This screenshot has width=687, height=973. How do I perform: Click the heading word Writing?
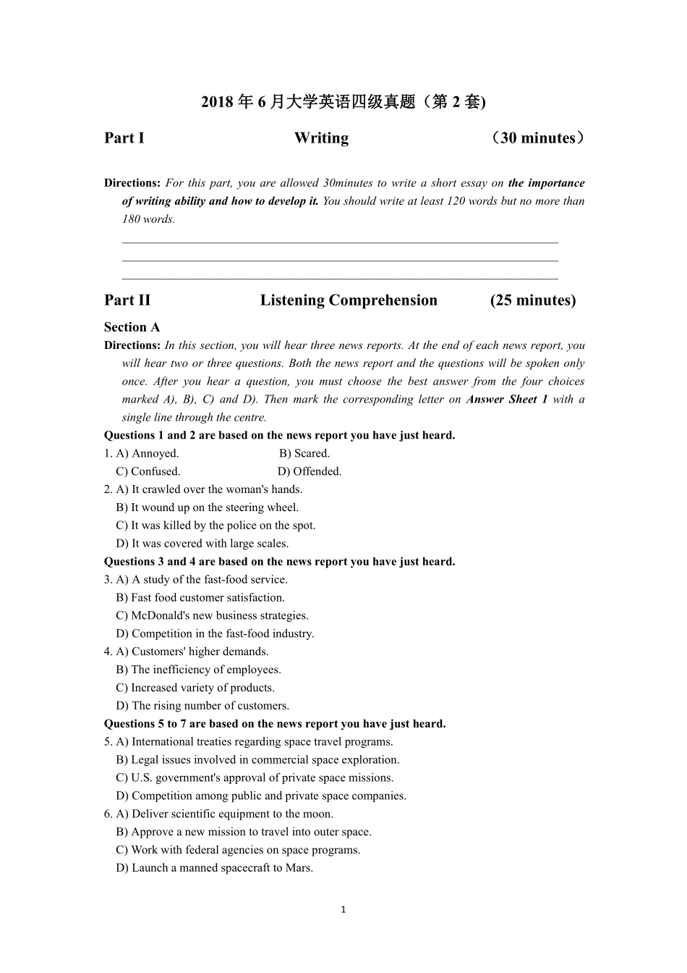click(x=321, y=138)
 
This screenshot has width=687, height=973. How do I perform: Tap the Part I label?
click(x=124, y=138)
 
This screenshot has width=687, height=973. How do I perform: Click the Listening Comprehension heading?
click(x=349, y=300)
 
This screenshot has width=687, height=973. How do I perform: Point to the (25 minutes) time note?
click(x=533, y=300)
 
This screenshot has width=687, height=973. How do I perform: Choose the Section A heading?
click(x=132, y=327)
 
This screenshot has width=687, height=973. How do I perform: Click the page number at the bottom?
click(x=343, y=910)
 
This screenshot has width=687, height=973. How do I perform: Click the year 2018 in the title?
click(x=217, y=102)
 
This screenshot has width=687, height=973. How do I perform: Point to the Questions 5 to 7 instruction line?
click(x=275, y=724)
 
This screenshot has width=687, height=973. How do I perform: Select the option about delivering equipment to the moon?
click(x=224, y=814)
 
